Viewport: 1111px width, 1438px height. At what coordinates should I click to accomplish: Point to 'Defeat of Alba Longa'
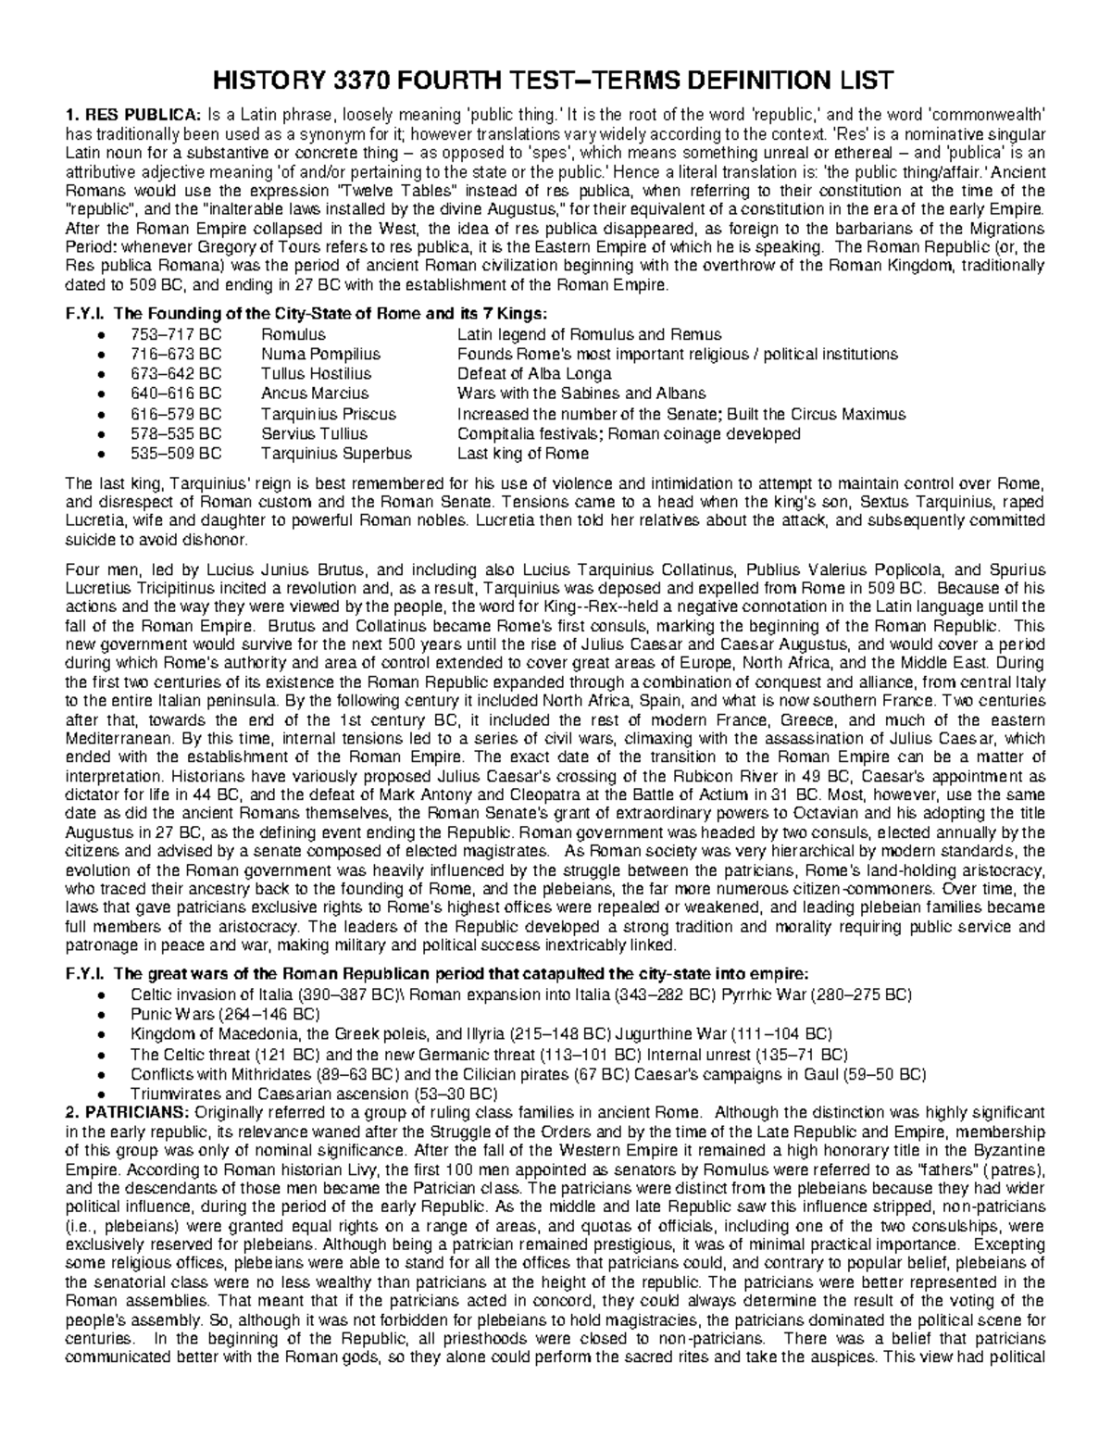[x=534, y=374]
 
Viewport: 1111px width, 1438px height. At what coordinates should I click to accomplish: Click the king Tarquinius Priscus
[x=328, y=414]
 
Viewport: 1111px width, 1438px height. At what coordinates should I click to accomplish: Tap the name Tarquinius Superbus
[x=336, y=454]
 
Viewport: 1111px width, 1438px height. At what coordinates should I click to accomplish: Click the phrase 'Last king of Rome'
[x=522, y=454]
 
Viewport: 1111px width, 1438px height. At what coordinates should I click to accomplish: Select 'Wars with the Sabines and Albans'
[x=581, y=394]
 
